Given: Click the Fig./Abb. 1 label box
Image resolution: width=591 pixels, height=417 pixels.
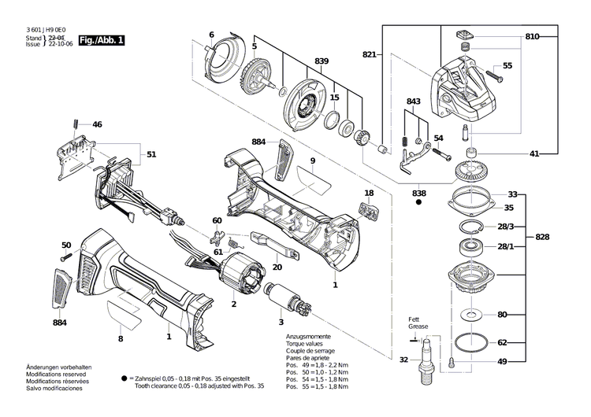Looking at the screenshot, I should click(102, 39).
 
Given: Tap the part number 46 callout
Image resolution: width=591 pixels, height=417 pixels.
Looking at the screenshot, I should click(97, 124).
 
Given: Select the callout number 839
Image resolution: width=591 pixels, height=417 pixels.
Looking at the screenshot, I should click(322, 61).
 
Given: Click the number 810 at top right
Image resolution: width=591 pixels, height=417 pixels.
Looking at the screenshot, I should click(533, 37).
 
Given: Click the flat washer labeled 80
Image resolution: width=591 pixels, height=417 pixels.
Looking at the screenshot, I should click(471, 316).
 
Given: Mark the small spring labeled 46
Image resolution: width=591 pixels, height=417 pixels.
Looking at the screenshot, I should click(75, 124).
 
